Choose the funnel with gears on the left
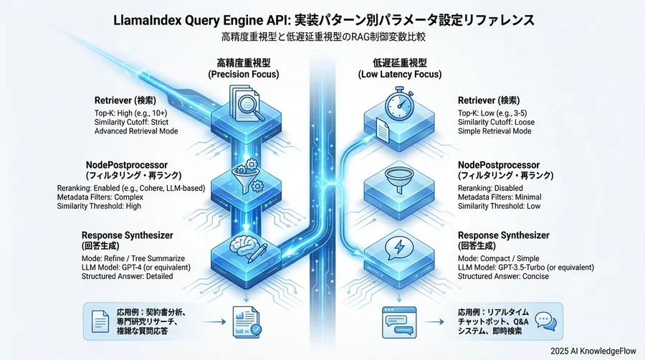[x=244, y=177]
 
